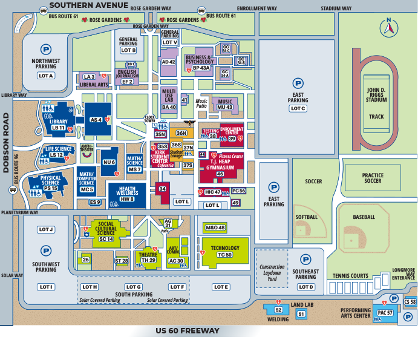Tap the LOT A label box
point(46,76)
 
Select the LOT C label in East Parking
point(298,108)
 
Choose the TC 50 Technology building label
point(224,255)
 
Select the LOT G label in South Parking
point(133,287)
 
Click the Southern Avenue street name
point(89,5)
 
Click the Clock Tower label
point(151,119)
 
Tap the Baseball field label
point(364,217)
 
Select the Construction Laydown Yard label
point(272,273)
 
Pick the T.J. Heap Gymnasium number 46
point(220,174)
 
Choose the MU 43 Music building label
point(224,107)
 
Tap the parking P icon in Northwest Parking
point(45,48)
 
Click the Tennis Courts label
point(350,276)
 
